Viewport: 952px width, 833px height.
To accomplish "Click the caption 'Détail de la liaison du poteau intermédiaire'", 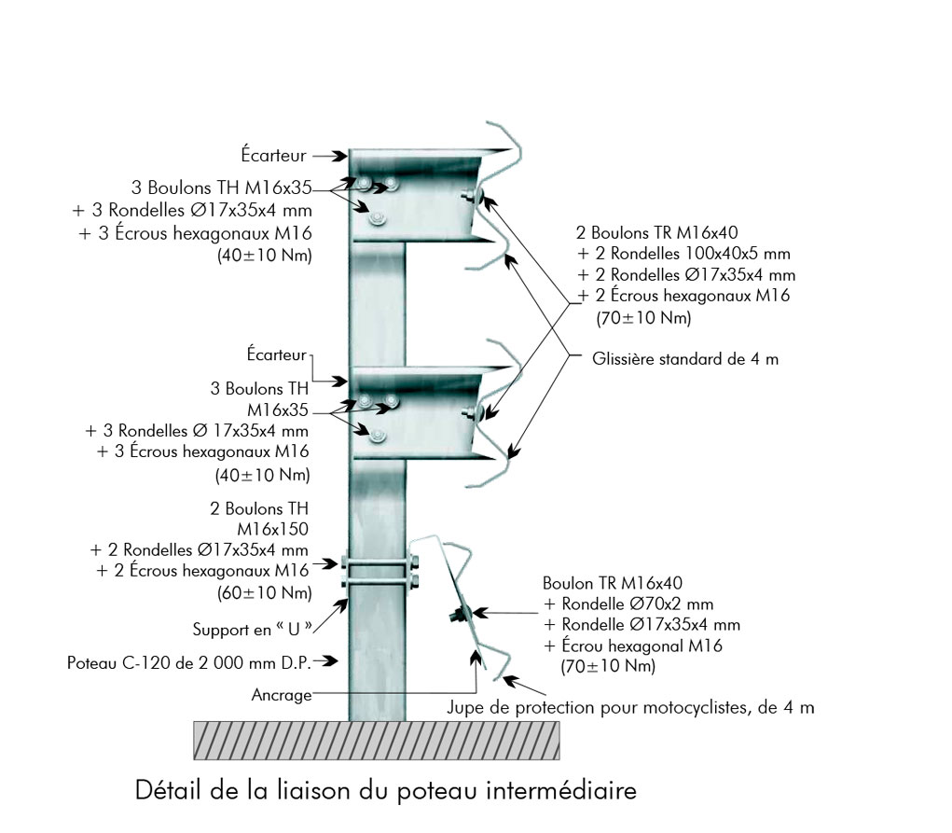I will (x=386, y=791).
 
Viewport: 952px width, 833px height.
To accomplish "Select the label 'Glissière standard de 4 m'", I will (x=685, y=359).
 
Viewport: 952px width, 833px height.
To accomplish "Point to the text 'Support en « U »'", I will (x=252, y=629).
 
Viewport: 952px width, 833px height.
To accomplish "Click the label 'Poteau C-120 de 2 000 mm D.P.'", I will (x=190, y=663).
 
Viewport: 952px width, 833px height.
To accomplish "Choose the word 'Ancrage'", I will (x=282, y=695).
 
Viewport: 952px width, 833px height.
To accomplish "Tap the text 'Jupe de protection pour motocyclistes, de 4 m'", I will (x=631, y=708).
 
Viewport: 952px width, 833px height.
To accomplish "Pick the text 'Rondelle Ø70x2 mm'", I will (x=621, y=604).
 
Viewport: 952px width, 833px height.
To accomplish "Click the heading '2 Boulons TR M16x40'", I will (x=659, y=232).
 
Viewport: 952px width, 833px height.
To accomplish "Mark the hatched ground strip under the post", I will (x=377, y=741).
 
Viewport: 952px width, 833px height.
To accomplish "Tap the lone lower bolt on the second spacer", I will (x=376, y=436).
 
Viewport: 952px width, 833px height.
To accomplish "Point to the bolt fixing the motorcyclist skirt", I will (x=461, y=615).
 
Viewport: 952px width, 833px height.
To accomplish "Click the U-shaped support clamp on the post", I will (x=377, y=573).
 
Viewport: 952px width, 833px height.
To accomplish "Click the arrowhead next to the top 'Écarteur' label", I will (x=340, y=156).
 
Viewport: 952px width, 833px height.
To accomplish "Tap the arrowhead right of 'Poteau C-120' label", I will (x=331, y=662).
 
